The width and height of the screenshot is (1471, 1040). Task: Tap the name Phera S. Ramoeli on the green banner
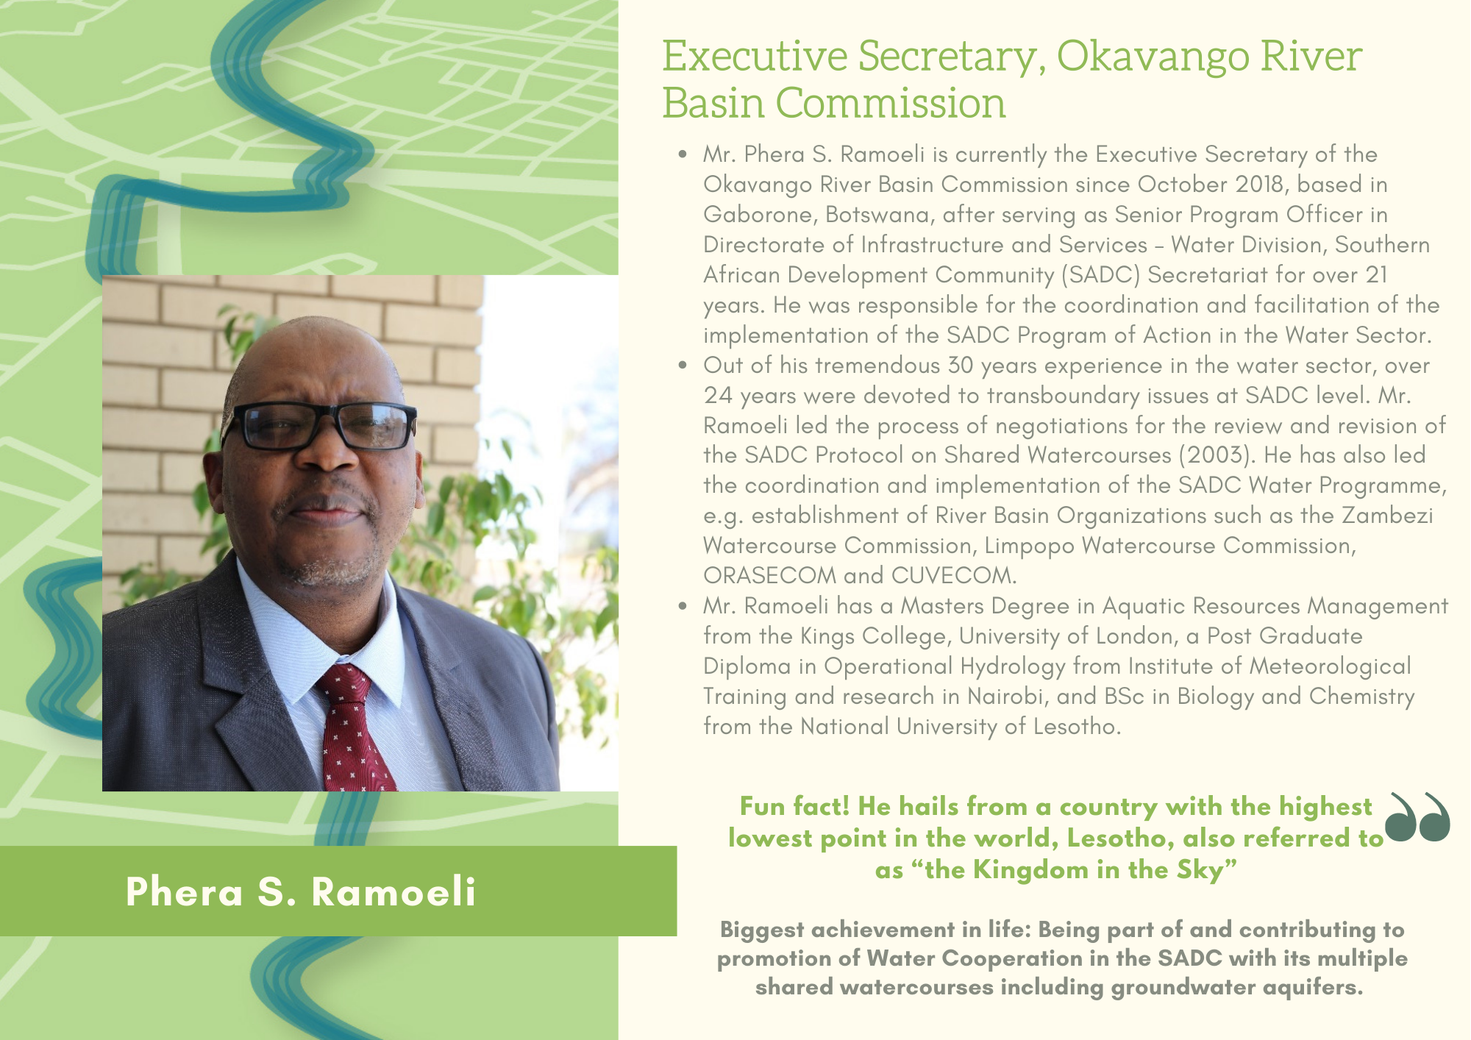click(x=301, y=891)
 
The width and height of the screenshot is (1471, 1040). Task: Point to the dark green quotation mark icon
click(x=1417, y=816)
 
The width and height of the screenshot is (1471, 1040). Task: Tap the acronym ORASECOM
click(x=770, y=575)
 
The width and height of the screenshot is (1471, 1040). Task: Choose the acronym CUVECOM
click(x=954, y=575)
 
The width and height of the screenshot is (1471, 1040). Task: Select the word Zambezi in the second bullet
click(x=1387, y=515)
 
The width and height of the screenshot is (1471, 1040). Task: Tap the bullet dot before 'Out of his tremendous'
click(x=684, y=366)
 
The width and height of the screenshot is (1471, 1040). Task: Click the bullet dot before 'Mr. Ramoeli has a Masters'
click(x=684, y=606)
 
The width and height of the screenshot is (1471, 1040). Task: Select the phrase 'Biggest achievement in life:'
click(x=876, y=930)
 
